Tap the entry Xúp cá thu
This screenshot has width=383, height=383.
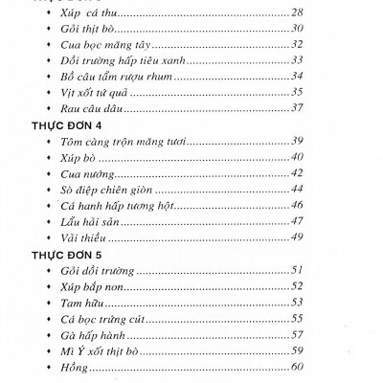coord(88,11)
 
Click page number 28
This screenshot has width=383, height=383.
coord(296,11)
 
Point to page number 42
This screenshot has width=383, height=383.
coord(297,172)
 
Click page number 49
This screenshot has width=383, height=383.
coord(297,237)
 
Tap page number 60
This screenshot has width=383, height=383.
coord(297,366)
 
